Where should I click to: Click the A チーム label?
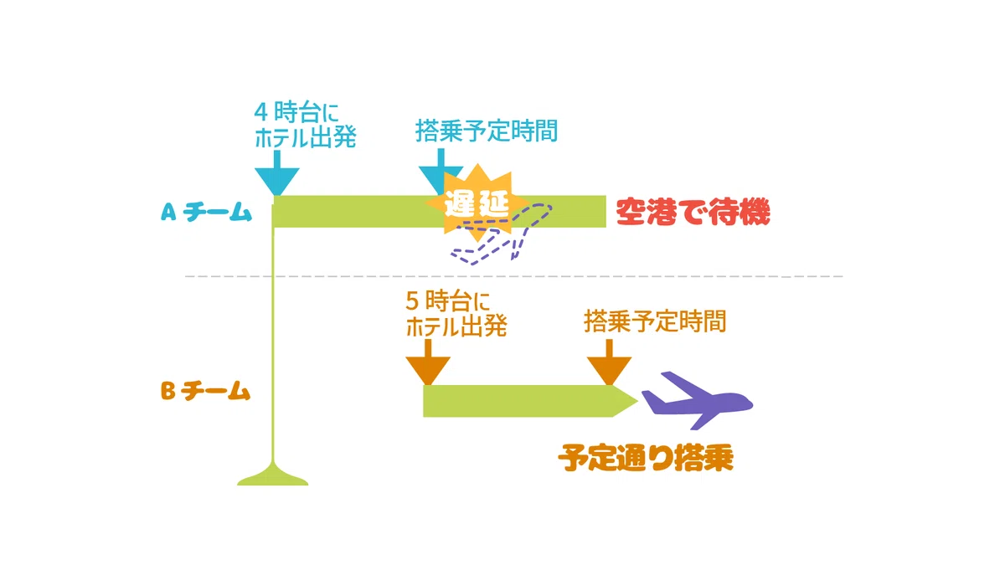pos(206,212)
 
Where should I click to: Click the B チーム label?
pos(205,391)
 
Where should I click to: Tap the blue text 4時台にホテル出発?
pos(305,125)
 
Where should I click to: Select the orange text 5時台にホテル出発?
pos(456,314)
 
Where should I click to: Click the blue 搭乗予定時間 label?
pos(487,131)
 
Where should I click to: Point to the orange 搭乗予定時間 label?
pos(655,321)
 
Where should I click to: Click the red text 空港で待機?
pos(693,212)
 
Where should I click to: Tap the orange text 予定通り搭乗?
pos(646,458)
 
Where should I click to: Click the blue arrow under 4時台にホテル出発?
pos(277,173)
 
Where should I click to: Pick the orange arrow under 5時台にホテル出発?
pos(428,362)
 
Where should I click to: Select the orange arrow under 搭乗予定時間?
pos(610,362)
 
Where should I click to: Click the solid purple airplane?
pos(698,400)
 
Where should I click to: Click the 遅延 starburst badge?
pos(477,203)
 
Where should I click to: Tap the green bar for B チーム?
pos(530,401)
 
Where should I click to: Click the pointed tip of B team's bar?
pos(637,401)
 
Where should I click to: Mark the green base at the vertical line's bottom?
pos(273,475)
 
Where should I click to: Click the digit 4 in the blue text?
pos(261,112)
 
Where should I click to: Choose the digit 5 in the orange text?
pos(412,300)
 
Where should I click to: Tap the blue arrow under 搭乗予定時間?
pos(441,172)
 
